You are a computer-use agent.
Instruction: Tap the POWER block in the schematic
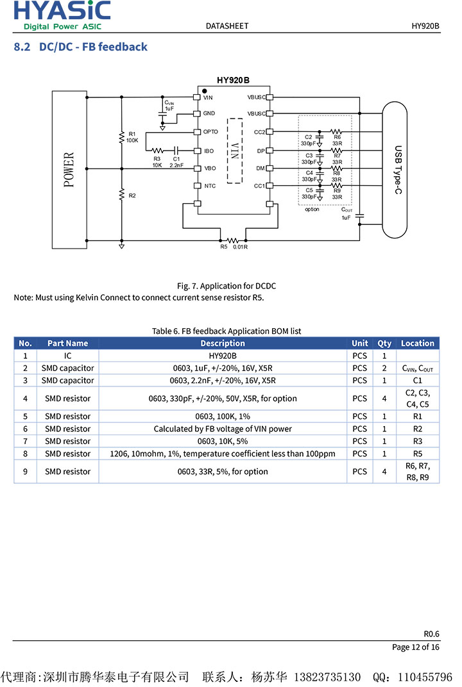[69, 169]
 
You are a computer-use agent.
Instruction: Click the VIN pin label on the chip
[208, 97]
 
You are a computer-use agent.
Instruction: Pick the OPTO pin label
[210, 131]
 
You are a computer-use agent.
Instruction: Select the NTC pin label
[210, 186]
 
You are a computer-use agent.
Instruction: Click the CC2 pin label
[259, 131]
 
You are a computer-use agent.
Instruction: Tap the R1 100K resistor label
[132, 137]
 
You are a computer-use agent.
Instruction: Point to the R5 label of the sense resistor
[224, 247]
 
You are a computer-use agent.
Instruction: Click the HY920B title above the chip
[233, 80]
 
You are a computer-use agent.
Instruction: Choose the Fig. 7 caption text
[227, 286]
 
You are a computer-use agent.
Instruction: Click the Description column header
[223, 343]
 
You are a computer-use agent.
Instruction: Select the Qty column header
[384, 343]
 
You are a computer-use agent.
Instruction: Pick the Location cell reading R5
[418, 453]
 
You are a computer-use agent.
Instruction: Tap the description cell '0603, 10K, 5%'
[223, 441]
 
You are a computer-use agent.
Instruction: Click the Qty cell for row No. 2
[384, 368]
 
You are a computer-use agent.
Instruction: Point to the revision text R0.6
[431, 634]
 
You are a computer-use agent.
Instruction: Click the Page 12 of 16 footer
[416, 647]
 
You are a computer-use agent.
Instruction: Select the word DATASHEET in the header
[227, 26]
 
